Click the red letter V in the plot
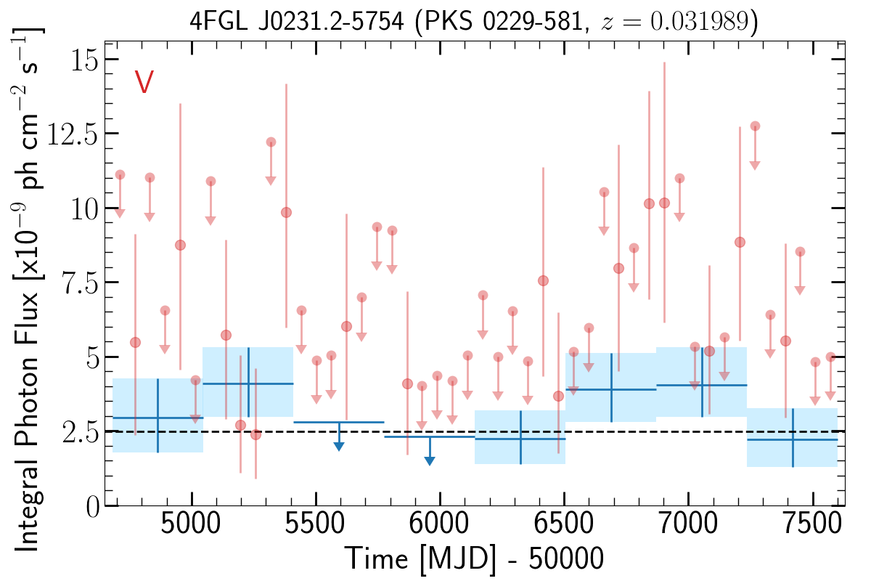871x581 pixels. [144, 81]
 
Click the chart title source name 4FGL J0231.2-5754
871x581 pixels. [297, 21]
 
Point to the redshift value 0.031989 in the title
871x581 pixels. [700, 21]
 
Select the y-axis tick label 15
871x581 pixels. [84, 61]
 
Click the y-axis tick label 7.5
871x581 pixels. [81, 284]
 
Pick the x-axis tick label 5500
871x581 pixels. [314, 524]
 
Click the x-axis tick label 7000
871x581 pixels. [688, 524]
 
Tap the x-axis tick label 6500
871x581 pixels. [563, 524]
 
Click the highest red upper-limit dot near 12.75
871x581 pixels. [755, 126]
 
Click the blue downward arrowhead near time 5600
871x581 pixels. [339, 447]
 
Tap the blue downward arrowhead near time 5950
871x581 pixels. [429, 460]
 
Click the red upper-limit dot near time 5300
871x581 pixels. [271, 142]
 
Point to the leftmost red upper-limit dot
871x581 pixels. [120, 175]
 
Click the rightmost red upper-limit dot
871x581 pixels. [830, 357]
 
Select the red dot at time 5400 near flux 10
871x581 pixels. [286, 213]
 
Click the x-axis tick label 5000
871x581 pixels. [190, 524]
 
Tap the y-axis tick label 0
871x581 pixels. [93, 508]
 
